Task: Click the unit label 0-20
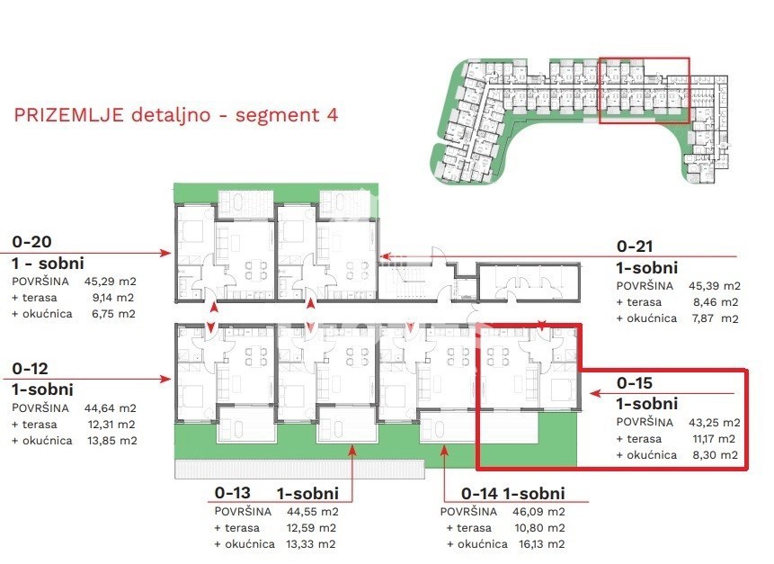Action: [32, 241]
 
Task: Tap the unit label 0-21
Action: [635, 246]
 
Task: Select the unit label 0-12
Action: [30, 369]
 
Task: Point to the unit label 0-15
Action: [635, 383]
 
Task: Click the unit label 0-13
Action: [233, 492]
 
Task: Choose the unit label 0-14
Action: [479, 493]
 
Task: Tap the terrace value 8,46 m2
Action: [716, 302]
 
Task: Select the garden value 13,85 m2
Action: [112, 441]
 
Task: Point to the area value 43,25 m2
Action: [715, 422]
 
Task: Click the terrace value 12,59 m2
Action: [311, 528]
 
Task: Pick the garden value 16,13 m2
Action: [539, 543]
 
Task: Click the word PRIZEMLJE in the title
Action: [68, 114]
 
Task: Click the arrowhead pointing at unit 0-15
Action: [595, 393]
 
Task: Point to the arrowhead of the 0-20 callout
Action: [165, 254]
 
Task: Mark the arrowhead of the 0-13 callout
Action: [352, 449]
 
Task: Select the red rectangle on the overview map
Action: [645, 58]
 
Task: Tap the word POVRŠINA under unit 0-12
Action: [40, 408]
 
